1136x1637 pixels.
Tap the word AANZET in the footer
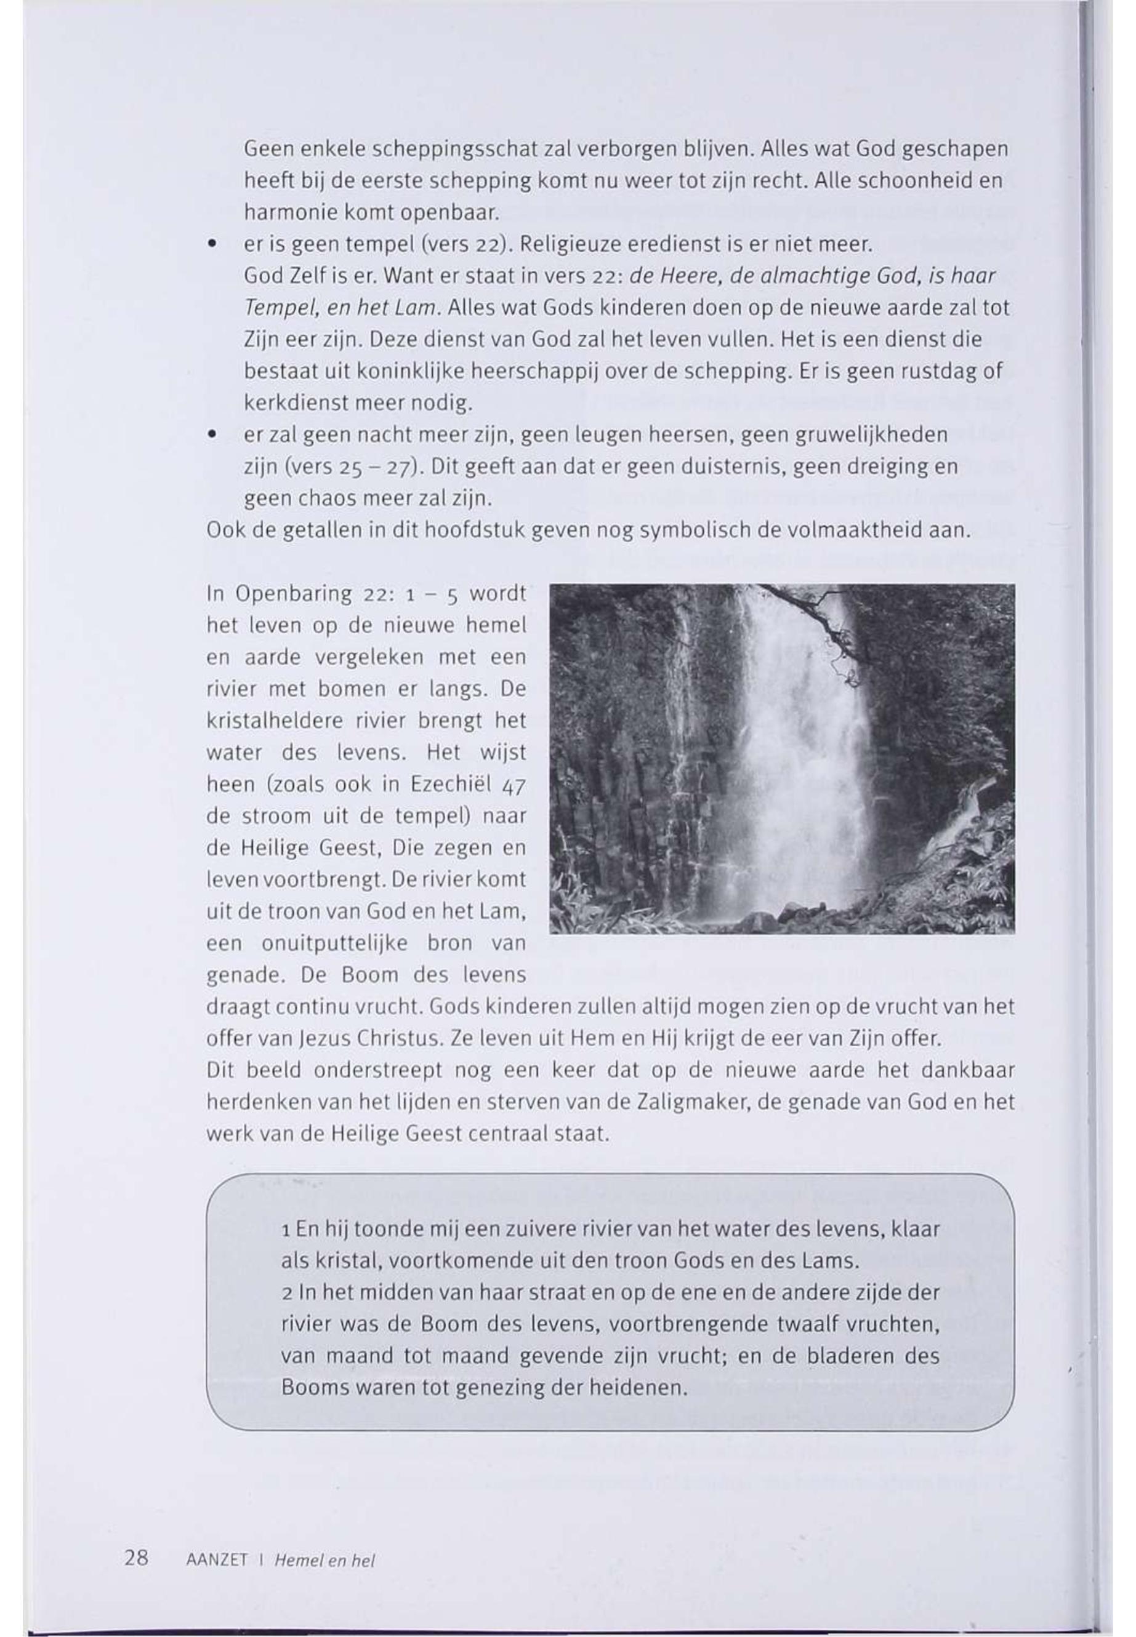tap(216, 1559)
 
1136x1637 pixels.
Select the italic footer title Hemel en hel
tap(324, 1559)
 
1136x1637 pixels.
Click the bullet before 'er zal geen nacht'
tap(211, 434)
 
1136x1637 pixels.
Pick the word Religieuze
tap(576, 245)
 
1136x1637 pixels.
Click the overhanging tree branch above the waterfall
tap(818, 612)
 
